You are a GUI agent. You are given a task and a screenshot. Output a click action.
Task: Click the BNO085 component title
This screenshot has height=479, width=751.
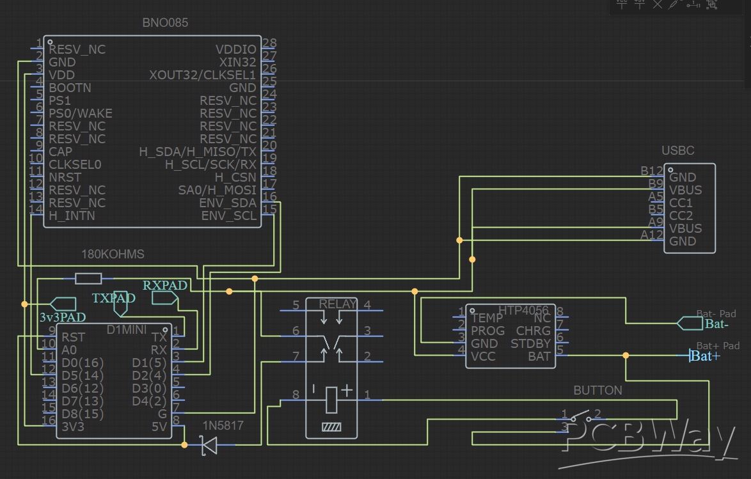click(x=165, y=23)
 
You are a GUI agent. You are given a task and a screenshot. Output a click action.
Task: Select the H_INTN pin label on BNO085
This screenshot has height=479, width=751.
click(x=72, y=216)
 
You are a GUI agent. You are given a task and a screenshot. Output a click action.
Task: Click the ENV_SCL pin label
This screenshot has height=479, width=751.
click(x=228, y=216)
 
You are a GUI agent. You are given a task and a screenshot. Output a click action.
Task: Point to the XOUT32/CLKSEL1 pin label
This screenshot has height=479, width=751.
click(x=202, y=75)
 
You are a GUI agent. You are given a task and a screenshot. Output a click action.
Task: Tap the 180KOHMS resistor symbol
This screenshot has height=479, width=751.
click(x=88, y=278)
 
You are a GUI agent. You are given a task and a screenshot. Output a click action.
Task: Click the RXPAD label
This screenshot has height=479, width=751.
click(x=165, y=285)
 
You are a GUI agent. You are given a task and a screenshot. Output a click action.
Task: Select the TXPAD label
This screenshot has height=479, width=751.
click(x=114, y=298)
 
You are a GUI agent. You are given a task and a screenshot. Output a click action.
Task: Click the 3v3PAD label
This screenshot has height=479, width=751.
click(x=63, y=317)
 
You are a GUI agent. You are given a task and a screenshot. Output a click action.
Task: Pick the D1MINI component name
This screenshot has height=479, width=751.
click(x=127, y=329)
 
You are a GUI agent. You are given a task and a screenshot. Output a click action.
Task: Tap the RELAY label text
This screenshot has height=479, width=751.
click(x=337, y=304)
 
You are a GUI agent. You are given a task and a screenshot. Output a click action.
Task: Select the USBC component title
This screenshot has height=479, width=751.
click(x=677, y=151)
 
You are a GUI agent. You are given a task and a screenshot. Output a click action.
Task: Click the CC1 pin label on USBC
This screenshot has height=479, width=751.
click(x=681, y=203)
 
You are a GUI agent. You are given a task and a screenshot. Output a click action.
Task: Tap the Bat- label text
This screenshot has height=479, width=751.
click(x=717, y=324)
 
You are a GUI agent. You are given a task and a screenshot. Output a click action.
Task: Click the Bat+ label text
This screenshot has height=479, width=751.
click(x=706, y=356)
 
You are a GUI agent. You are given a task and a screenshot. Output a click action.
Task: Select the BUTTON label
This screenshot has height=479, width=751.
click(x=597, y=390)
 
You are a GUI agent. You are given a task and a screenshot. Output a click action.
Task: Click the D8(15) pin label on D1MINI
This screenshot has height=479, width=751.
click(x=83, y=414)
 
